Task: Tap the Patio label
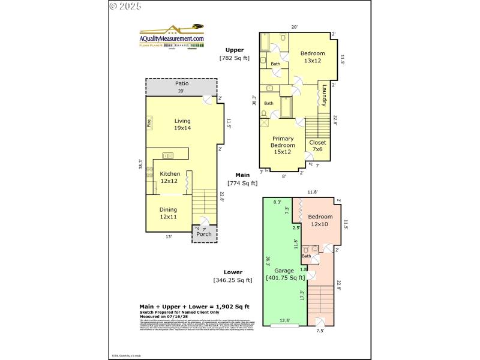tap(182, 83)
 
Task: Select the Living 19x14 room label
tap(182, 124)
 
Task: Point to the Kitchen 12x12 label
tap(169, 177)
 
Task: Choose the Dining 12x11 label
tap(168, 213)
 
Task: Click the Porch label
tap(204, 234)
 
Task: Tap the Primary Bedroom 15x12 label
tap(283, 145)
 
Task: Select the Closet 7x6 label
tap(317, 146)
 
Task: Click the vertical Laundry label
tap(324, 96)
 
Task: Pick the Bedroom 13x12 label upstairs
tap(312, 57)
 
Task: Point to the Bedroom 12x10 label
tap(320, 220)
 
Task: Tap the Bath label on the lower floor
tap(307, 256)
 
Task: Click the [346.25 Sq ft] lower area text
tap(233, 280)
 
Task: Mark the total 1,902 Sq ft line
tap(194, 306)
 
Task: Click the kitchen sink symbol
tap(168, 156)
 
